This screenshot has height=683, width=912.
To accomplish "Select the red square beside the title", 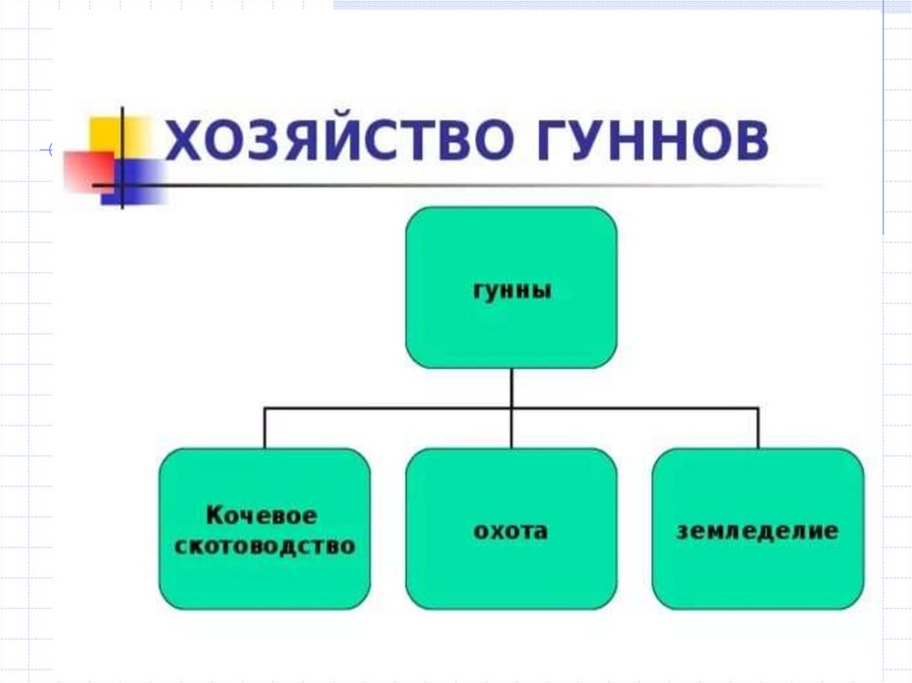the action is pos(87,171).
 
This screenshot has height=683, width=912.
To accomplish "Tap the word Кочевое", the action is pos(262,516).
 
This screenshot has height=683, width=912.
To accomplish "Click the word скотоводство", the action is pos(265,545).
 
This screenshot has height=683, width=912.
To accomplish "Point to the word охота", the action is pos(510,532).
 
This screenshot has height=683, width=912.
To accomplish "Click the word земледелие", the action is pos(757,532).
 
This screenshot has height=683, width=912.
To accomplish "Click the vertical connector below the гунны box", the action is pos(511,387).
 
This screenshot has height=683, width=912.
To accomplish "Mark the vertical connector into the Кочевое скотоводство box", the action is pos(265,428).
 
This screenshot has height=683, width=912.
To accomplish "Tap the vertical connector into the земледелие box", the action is pos(758,428).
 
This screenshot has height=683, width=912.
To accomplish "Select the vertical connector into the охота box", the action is pos(511,430).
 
